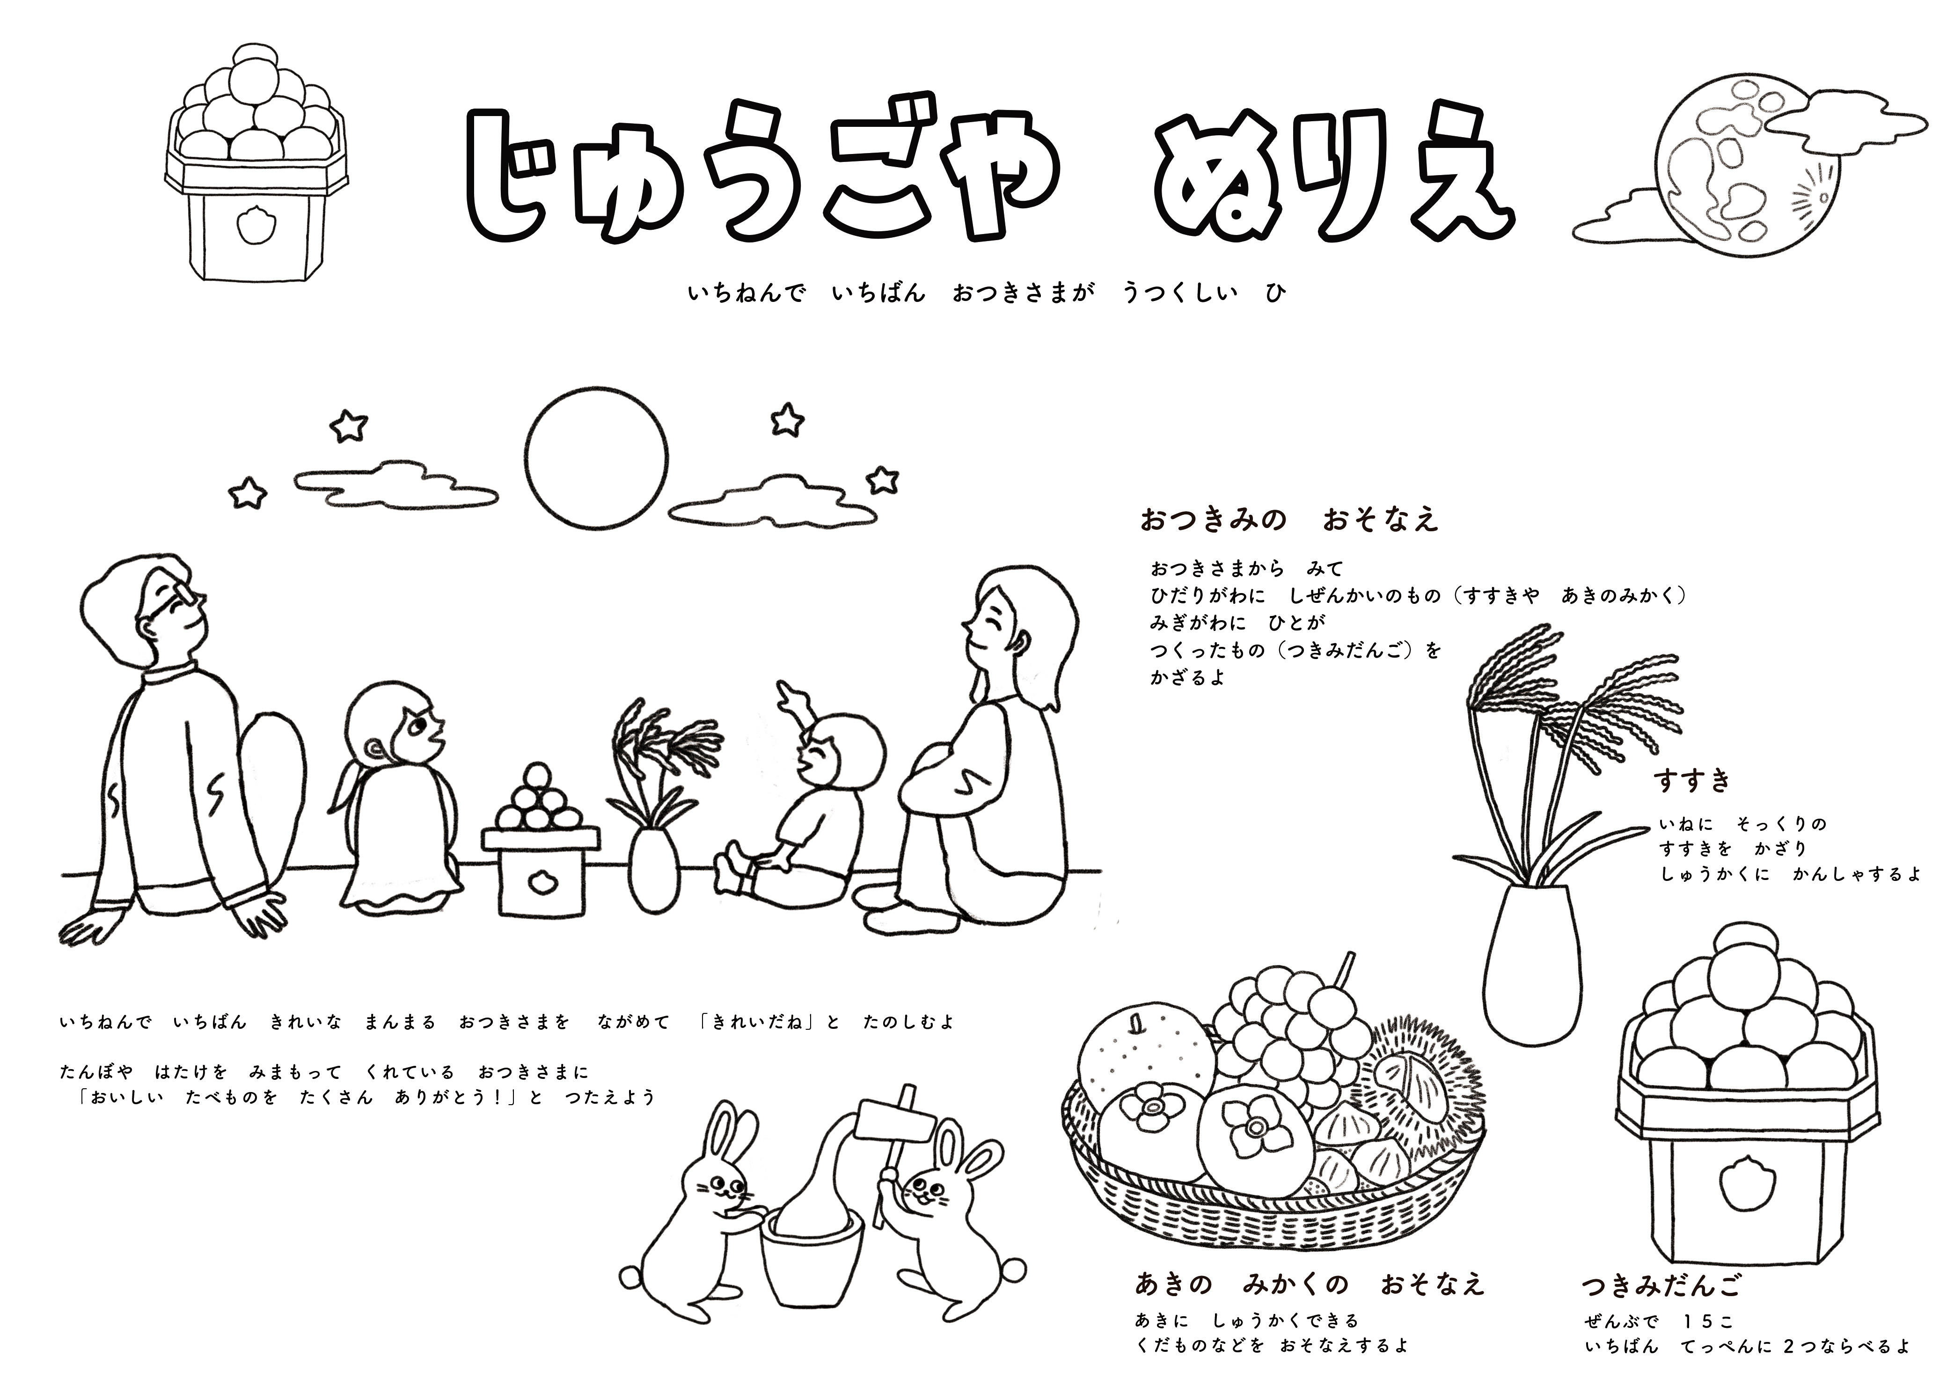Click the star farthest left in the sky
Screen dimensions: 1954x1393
pos(248,492)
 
